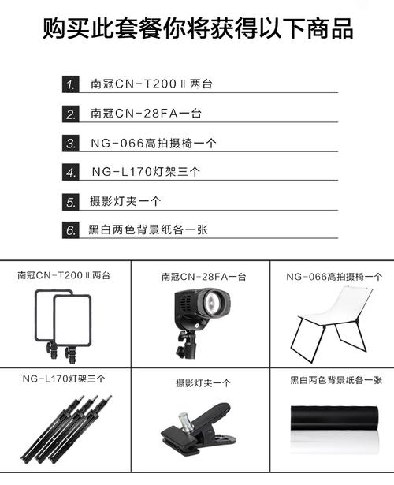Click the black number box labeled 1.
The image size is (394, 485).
click(x=72, y=84)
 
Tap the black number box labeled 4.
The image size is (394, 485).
click(x=72, y=172)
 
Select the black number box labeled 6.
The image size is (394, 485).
click(x=72, y=231)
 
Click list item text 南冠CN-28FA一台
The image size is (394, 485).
click(x=146, y=114)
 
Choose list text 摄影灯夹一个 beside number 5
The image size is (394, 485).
click(x=124, y=202)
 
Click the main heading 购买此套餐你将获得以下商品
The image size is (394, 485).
click(x=197, y=30)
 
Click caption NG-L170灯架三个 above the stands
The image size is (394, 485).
click(x=64, y=380)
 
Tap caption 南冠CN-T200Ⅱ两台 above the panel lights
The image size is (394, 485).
click(x=64, y=276)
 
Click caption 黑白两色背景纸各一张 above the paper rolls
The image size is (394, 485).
click(x=336, y=380)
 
